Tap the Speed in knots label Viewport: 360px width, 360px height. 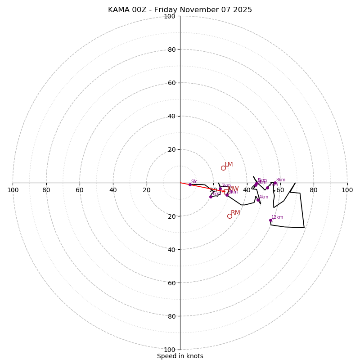180,356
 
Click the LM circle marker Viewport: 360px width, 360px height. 223,168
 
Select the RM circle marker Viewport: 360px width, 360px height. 229,216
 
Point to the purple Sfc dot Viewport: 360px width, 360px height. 190,184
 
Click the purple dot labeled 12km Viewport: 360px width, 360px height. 270,220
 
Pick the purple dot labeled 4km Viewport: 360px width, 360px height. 258,200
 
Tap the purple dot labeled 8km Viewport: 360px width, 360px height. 275,183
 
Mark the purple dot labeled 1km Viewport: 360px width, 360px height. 211,197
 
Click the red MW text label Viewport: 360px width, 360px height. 234,189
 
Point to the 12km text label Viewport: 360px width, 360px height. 277,217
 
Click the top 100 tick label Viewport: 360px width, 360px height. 170,16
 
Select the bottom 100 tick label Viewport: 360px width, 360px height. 170,350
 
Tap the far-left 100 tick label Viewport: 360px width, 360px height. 13,190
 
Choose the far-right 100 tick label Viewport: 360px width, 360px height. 347,190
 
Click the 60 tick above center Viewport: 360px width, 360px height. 171,83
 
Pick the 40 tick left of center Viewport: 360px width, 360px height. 113,190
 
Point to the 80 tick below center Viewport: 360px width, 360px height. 171,316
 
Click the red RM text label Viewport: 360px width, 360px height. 235,212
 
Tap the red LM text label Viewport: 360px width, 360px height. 229,164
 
